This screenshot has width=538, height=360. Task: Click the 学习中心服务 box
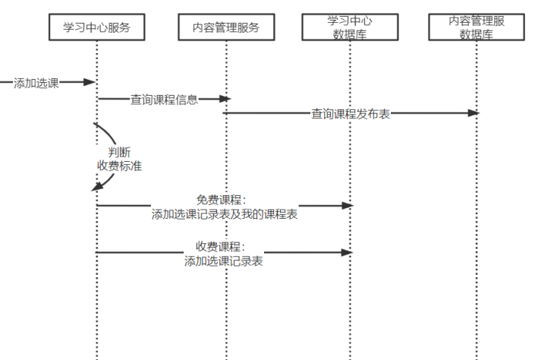coord(96,27)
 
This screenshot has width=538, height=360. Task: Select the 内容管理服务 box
coord(225,27)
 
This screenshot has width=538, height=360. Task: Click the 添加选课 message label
coord(36,83)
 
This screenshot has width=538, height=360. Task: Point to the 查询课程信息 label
coord(164,99)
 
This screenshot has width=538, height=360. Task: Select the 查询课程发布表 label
coord(351,114)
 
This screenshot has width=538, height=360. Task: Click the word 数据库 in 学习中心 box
coord(350,34)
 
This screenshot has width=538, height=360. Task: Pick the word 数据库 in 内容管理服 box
coord(477,34)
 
